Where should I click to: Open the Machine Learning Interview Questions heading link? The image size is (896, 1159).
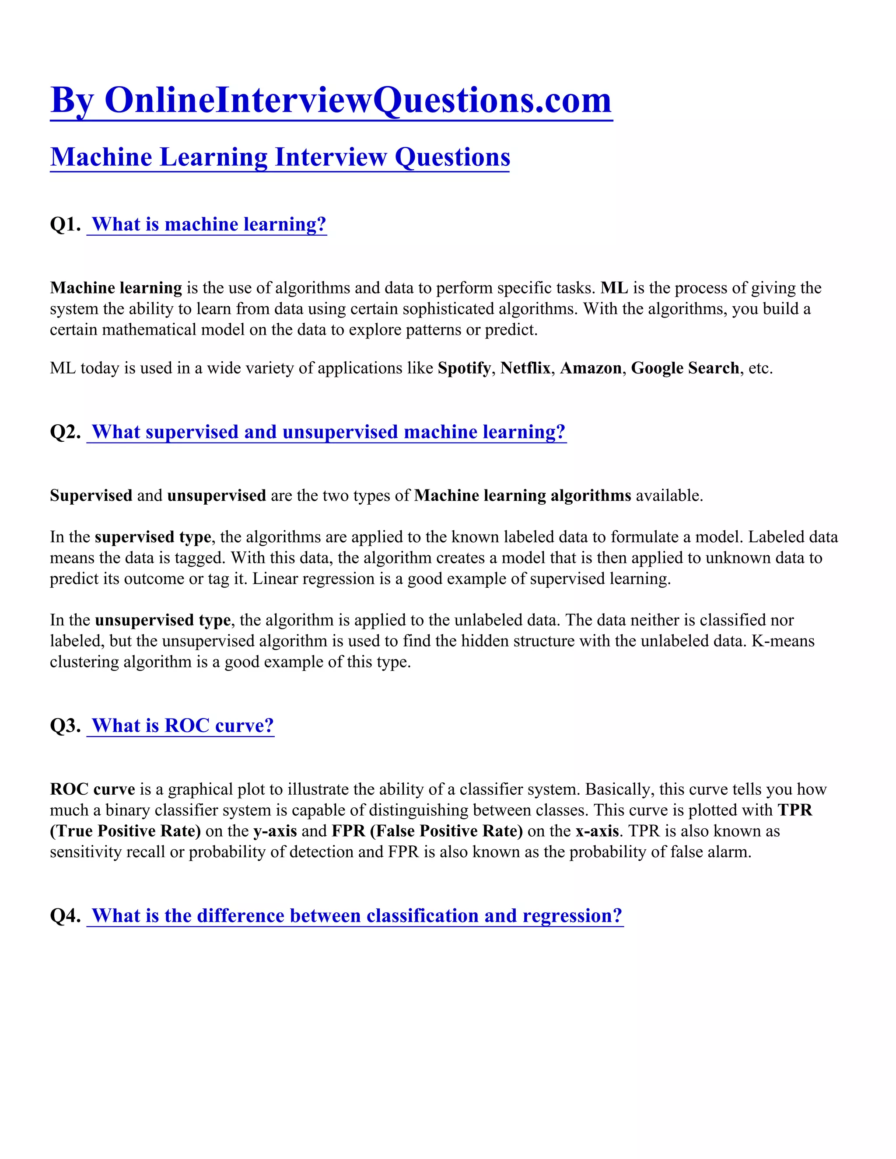point(280,157)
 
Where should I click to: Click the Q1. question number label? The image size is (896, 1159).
point(65,224)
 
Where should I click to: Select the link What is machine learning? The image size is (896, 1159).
point(208,224)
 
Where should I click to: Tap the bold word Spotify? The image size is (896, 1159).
point(464,368)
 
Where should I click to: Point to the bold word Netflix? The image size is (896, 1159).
point(525,368)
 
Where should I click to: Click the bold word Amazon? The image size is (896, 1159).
point(590,368)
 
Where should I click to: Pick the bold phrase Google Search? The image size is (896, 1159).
point(685,368)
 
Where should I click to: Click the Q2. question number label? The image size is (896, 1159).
point(65,432)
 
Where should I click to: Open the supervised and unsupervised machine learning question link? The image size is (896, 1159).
point(328,432)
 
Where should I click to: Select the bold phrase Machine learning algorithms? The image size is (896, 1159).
point(522,496)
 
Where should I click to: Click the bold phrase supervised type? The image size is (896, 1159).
point(153,537)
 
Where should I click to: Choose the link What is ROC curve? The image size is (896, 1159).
point(182,726)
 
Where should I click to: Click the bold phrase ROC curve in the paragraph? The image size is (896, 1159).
point(92,789)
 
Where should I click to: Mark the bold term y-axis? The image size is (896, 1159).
point(275,831)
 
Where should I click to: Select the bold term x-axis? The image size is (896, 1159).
point(597,831)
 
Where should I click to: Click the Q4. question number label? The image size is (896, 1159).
point(65,916)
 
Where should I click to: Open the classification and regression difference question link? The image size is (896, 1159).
point(356,916)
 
